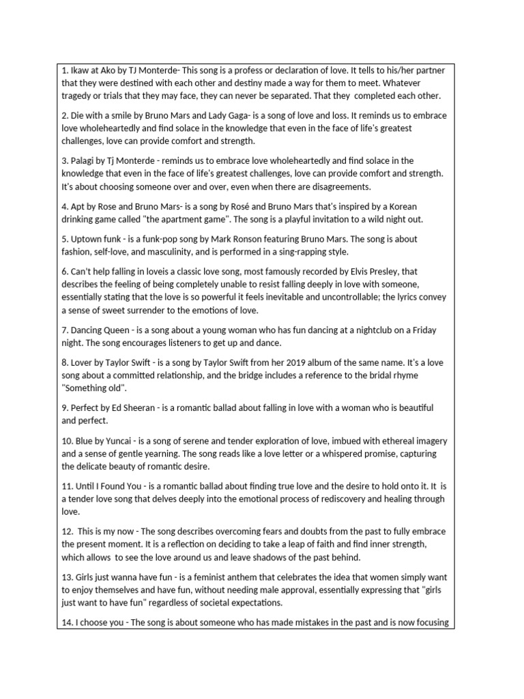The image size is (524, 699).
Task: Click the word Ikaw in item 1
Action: tap(81, 70)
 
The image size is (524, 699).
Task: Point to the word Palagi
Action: tap(85, 161)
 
